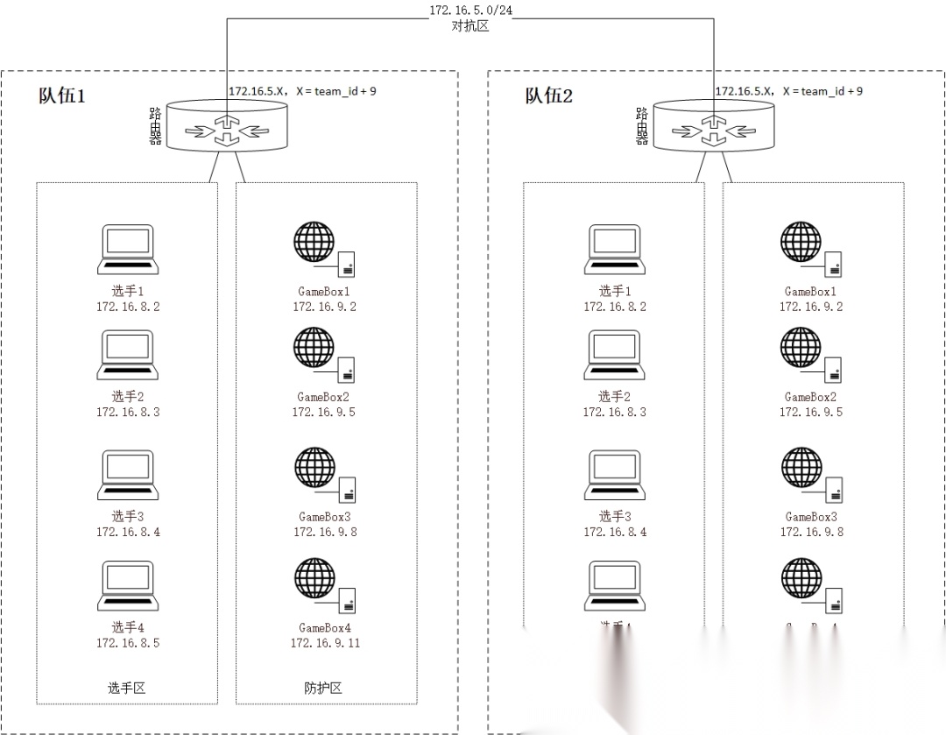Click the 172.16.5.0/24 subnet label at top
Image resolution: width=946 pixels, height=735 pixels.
point(470,10)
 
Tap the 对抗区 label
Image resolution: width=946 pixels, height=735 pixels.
point(470,26)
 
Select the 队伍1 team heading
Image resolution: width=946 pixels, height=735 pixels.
point(62,95)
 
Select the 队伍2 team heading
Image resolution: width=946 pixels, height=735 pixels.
point(549,95)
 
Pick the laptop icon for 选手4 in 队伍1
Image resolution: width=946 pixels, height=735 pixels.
point(128,586)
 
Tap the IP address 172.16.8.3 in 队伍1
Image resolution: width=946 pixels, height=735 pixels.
point(128,412)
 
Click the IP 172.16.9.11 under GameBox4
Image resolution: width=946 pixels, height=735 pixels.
point(325,643)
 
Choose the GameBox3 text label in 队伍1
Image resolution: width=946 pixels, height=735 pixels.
point(324,517)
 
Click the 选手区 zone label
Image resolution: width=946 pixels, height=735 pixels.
point(127,688)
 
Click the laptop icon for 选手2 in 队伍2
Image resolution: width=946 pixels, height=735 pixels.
point(615,355)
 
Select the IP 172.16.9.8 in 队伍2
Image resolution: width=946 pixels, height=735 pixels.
point(812,532)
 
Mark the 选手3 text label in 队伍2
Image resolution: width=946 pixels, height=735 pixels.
point(615,517)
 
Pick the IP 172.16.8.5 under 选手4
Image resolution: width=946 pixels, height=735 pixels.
point(128,643)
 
